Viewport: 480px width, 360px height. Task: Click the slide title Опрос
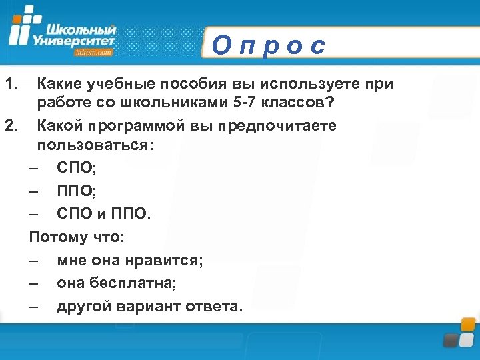pos(269,46)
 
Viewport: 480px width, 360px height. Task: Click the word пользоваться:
pos(95,146)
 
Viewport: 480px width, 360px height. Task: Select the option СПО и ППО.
pos(104,214)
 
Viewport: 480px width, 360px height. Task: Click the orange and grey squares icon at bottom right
pos(460,333)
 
